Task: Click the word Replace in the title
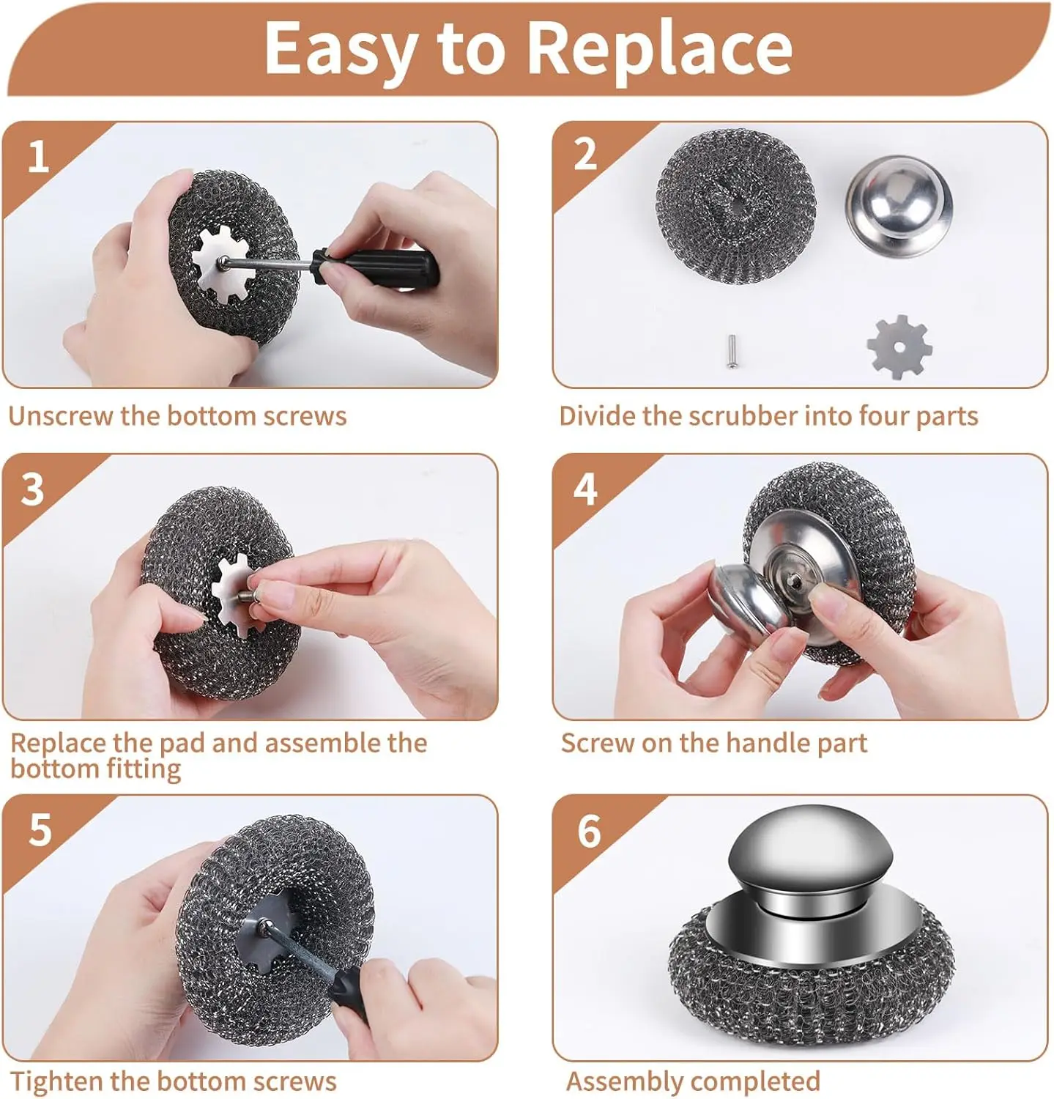[659, 48]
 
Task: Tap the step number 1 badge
[38, 158]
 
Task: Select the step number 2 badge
[585, 155]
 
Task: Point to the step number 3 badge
[33, 489]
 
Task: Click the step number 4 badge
[585, 489]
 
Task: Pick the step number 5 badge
[40, 830]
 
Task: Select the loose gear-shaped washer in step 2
[899, 347]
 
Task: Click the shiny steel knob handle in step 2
[899, 206]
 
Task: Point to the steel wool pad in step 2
[735, 206]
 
